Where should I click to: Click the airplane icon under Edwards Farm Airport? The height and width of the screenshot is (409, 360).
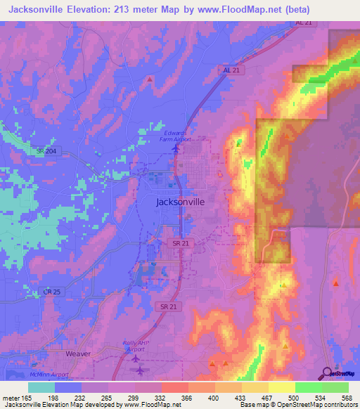pyautogui.click(x=176, y=148)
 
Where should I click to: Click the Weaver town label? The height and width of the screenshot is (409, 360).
pyautogui.click(x=78, y=353)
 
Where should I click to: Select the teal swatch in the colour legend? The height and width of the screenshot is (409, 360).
pyautogui.click(x=41, y=387)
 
